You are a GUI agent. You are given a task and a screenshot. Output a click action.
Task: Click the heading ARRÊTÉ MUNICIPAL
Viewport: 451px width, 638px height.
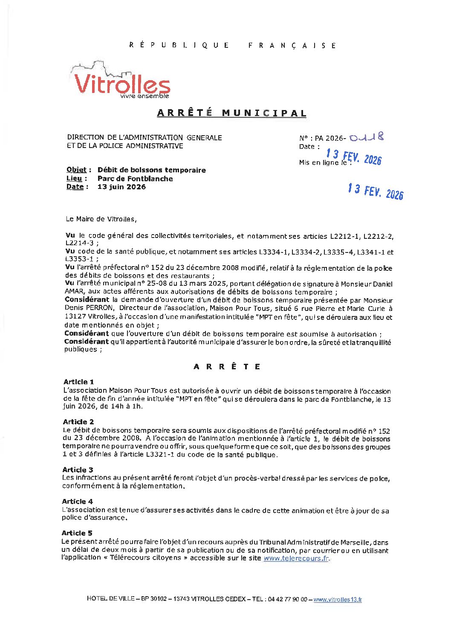pyautogui.click(x=231, y=113)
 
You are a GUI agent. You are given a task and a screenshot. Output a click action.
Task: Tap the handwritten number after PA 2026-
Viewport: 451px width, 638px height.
pyautogui.click(x=366, y=137)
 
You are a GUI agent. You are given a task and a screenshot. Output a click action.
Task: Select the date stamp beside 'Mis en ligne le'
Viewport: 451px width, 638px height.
pyautogui.click(x=354, y=157)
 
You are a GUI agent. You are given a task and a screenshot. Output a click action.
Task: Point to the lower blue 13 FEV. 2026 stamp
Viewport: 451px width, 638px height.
pyautogui.click(x=375, y=191)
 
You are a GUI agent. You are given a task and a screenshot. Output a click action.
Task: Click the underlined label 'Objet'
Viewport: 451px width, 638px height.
pyautogui.click(x=76, y=170)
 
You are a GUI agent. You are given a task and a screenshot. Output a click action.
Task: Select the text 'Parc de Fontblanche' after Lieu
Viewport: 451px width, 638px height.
pyautogui.click(x=135, y=179)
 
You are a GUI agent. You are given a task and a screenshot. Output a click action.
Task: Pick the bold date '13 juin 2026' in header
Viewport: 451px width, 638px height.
pyautogui.click(x=121, y=187)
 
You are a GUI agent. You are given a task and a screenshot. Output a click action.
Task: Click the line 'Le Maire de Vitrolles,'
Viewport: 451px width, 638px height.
pyautogui.click(x=101, y=219)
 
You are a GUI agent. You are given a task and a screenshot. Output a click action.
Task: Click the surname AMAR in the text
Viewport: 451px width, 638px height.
pyautogui.click(x=74, y=292)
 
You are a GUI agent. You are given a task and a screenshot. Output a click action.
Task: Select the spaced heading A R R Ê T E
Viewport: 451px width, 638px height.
pyautogui.click(x=227, y=366)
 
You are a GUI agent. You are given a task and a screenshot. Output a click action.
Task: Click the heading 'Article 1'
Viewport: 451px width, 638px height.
pyautogui.click(x=78, y=382)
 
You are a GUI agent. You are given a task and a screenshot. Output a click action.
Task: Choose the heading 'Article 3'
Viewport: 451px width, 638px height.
pyautogui.click(x=78, y=470)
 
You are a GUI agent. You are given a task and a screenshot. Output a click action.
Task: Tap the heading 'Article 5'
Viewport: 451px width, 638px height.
pyautogui.click(x=77, y=533)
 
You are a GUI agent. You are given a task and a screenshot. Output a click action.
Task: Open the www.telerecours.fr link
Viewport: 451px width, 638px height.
pyautogui.click(x=296, y=558)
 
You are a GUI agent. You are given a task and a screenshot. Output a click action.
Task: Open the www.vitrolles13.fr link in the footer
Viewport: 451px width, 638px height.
pyautogui.click(x=338, y=599)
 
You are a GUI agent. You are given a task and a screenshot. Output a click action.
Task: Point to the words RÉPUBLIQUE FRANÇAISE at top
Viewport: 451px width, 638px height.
pyautogui.click(x=233, y=45)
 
